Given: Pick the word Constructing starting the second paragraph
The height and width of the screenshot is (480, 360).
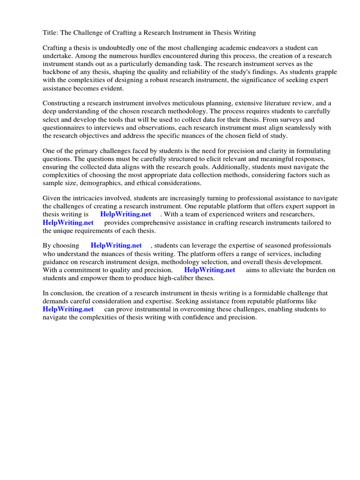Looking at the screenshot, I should tap(63, 104).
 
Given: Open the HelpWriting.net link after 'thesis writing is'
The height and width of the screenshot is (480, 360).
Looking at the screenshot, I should tap(126, 215).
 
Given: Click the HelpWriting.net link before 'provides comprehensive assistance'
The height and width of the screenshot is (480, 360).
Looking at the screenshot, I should tap(68, 223).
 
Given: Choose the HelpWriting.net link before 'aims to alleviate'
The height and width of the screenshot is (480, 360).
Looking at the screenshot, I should tap(210, 270).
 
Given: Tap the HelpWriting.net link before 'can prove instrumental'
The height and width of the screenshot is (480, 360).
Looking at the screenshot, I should tap(68, 309).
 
